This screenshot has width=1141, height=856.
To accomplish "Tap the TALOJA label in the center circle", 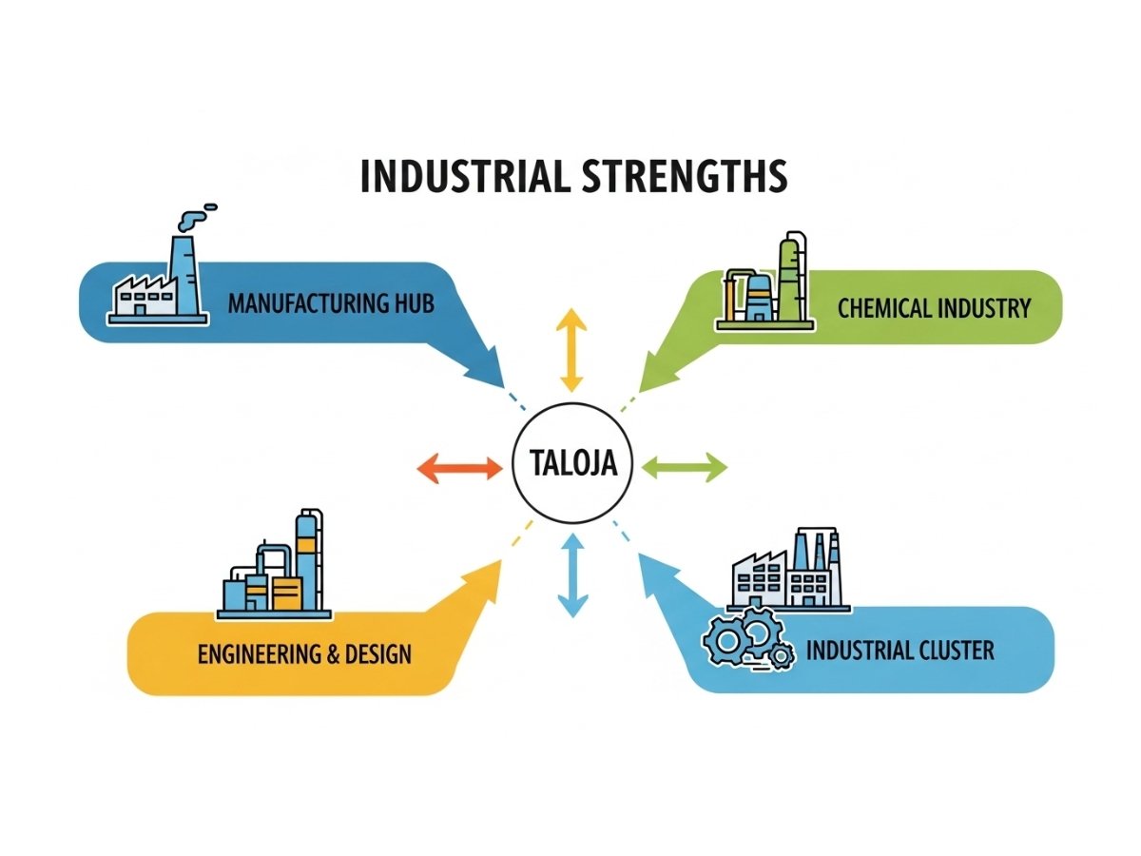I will click(x=571, y=464).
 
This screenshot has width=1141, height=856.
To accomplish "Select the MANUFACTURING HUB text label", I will click(x=331, y=304).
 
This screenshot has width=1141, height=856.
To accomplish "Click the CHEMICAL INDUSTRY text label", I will click(x=934, y=308).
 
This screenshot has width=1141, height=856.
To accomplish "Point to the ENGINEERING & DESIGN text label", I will click(x=304, y=654).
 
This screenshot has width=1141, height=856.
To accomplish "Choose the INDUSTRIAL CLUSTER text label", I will click(x=899, y=651).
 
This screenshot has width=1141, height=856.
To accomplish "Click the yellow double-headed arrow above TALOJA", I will click(x=570, y=350).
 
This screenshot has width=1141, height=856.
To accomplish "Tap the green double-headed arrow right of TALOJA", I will click(x=685, y=466).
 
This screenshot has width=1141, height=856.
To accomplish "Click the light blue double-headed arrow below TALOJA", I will click(x=571, y=574).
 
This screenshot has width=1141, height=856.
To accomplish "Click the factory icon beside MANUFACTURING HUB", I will click(x=158, y=285).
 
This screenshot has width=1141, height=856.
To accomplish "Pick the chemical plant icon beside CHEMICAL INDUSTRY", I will click(x=765, y=285).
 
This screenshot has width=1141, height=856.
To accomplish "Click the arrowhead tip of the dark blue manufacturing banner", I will click(x=500, y=384).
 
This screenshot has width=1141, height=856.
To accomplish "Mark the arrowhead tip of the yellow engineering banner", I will click(x=500, y=561).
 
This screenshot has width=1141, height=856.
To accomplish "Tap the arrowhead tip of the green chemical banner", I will click(x=641, y=390).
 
